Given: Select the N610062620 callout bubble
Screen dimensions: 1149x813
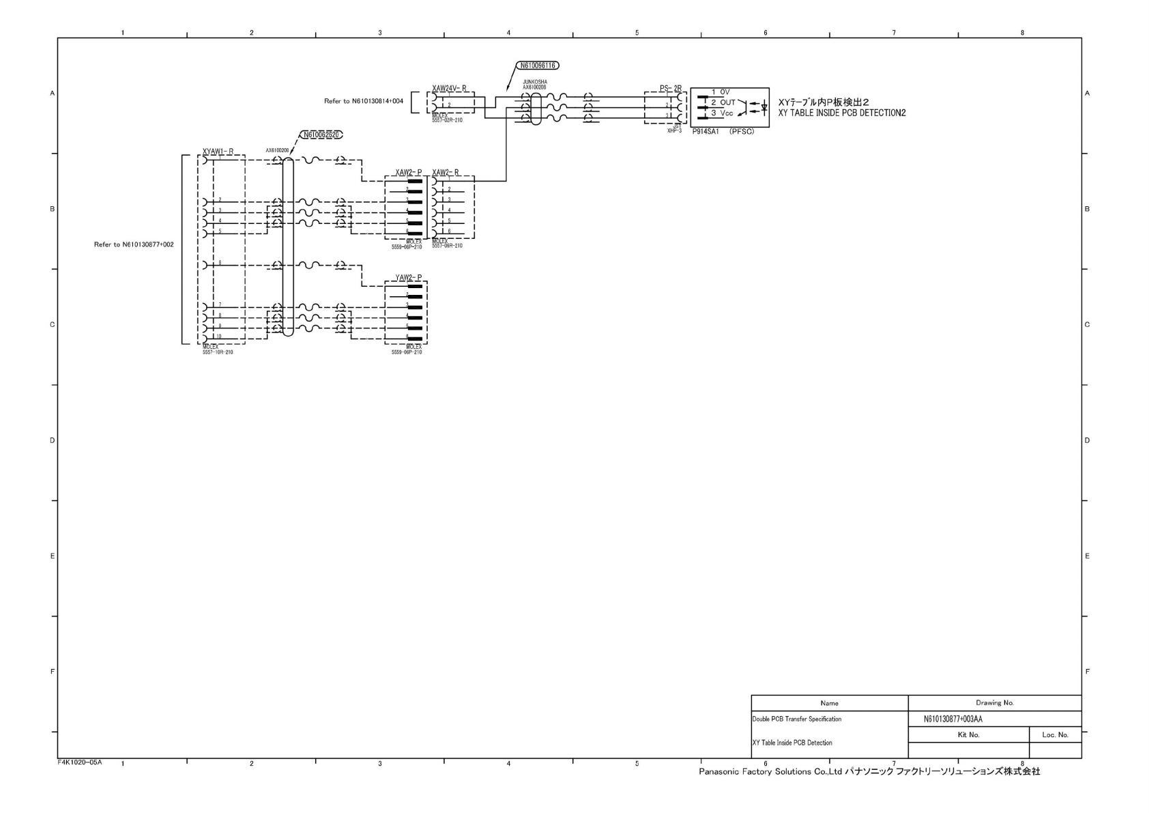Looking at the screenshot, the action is (321, 135).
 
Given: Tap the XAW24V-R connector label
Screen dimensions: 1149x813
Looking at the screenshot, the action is (449, 89).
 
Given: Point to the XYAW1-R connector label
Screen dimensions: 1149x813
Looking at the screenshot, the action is (218, 152).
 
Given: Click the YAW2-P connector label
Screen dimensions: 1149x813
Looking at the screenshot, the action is (408, 277).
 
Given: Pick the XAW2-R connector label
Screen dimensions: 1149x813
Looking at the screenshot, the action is (446, 173).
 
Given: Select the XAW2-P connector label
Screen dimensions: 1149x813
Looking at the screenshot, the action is (408, 173).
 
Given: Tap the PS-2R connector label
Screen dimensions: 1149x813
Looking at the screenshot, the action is (670, 89).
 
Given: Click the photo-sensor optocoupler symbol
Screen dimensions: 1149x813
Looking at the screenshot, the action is (757, 106).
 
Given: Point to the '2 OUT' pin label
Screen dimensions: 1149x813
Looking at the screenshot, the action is (723, 102).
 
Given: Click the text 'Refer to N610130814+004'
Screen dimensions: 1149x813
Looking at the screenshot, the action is (364, 101).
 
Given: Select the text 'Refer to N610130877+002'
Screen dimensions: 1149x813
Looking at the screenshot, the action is (134, 244).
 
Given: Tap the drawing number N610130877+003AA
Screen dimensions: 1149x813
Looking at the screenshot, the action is (952, 719).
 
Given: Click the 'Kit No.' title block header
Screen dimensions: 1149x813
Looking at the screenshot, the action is (968, 734).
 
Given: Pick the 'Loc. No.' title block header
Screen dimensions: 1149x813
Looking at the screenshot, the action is (1055, 734).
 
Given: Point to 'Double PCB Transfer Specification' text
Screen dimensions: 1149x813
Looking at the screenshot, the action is (796, 719).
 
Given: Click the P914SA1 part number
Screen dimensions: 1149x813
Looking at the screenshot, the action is (706, 131).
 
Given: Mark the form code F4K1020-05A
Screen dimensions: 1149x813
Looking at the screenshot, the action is (80, 762).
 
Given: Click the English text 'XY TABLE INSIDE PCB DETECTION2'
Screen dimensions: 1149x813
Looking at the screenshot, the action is (842, 113).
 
